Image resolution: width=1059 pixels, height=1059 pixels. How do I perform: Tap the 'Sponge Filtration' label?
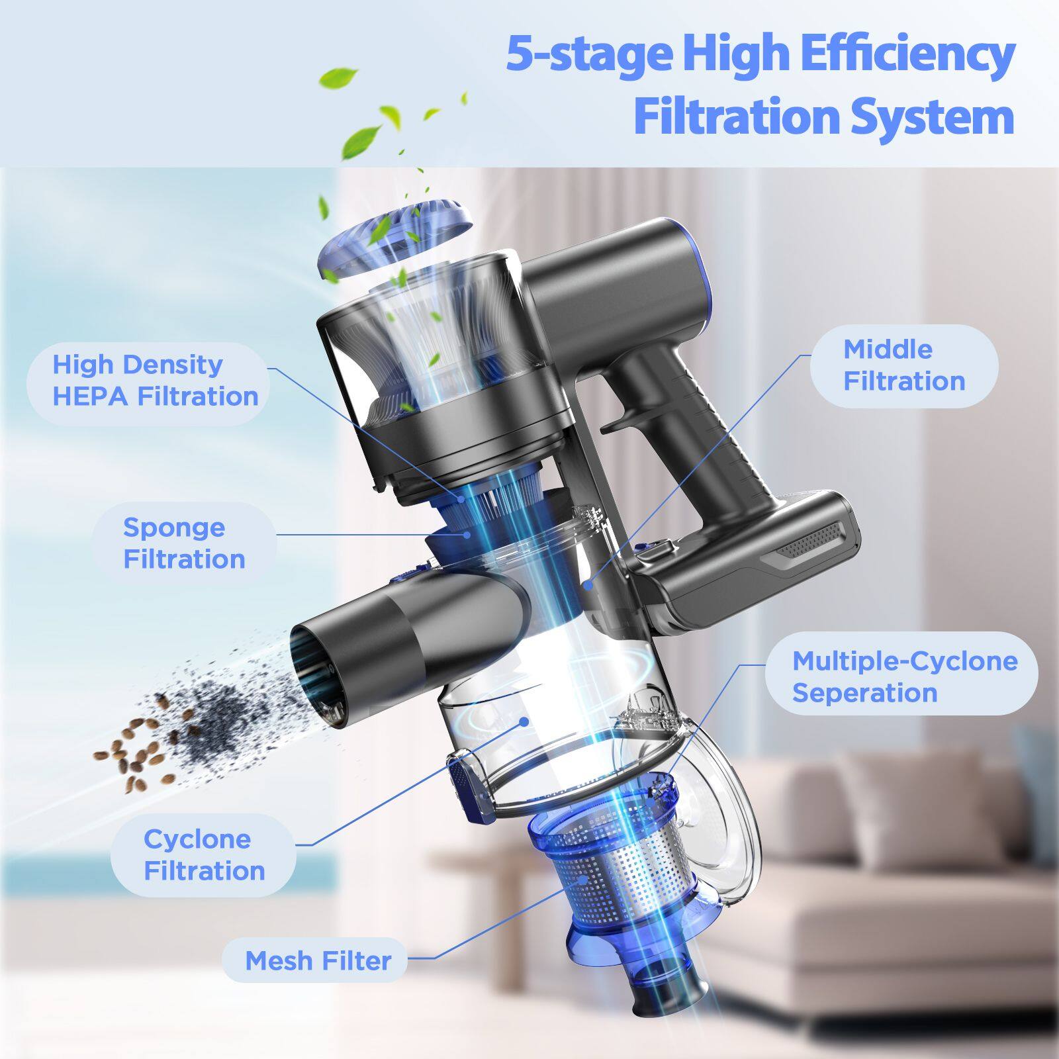point(183,543)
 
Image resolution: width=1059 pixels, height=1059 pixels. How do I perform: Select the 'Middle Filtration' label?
point(903,365)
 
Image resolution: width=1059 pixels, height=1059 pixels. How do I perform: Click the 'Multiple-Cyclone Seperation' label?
point(903,676)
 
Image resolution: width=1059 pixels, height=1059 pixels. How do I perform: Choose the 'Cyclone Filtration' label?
point(203,854)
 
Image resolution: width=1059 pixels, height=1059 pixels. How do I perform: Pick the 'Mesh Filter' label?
point(318,960)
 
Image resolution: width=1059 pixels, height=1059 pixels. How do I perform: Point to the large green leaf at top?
point(338,78)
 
